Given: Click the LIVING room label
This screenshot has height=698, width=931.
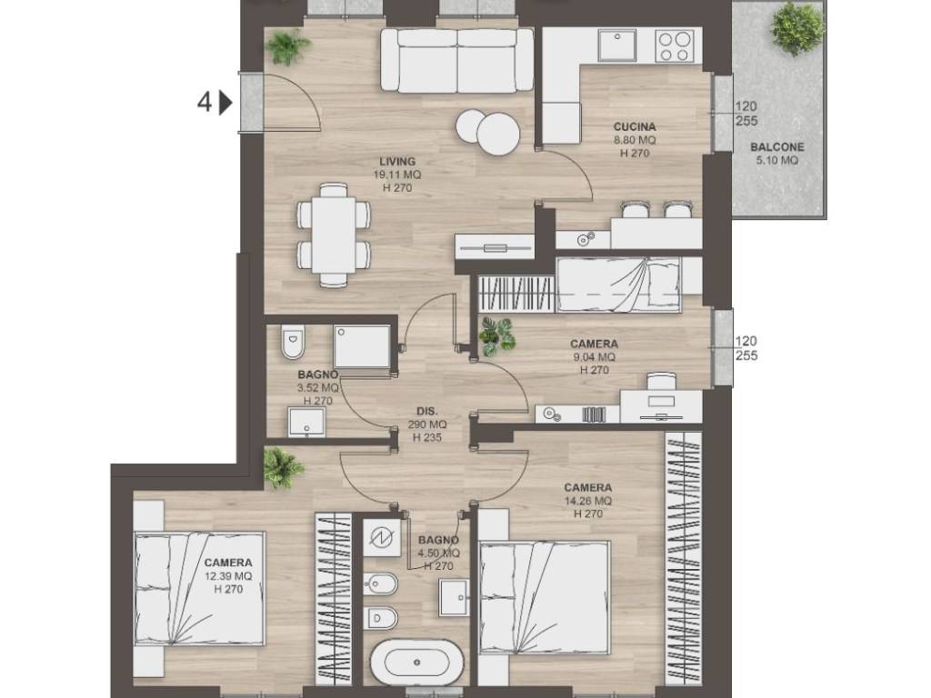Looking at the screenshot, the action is (x=397, y=162).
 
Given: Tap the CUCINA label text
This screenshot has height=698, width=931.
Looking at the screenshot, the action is (x=635, y=127).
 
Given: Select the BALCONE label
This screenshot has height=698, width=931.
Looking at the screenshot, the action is (x=777, y=147).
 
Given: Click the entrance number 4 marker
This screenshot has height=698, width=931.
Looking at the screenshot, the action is (x=204, y=103).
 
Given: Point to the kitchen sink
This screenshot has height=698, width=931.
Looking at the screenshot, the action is (x=617, y=45).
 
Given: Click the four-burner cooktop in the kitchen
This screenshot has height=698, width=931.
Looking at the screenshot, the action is (x=675, y=45).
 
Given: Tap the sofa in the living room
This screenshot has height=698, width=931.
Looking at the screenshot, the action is (x=456, y=60).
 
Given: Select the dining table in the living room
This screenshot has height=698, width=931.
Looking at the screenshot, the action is (x=334, y=235).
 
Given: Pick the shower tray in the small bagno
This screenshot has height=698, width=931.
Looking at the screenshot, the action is (x=362, y=346).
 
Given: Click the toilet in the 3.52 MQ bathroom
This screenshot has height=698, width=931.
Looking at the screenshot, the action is (x=292, y=342).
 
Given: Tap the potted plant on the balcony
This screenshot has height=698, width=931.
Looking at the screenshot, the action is (x=797, y=26).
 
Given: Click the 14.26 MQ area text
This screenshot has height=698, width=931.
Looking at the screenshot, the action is (x=588, y=501).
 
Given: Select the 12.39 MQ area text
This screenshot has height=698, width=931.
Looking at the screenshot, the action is (x=228, y=576).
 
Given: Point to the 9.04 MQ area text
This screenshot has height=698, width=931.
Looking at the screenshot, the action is (x=594, y=356).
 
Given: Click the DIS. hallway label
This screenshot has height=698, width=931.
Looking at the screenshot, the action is (x=427, y=412).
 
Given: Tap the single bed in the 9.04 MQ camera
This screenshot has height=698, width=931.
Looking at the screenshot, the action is (x=618, y=284).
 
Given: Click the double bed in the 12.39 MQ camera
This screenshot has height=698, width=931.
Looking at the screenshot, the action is (x=199, y=588).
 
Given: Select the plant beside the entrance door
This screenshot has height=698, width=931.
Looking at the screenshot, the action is (x=287, y=46).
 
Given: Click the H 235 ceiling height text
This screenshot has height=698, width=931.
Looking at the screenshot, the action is (x=427, y=438).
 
